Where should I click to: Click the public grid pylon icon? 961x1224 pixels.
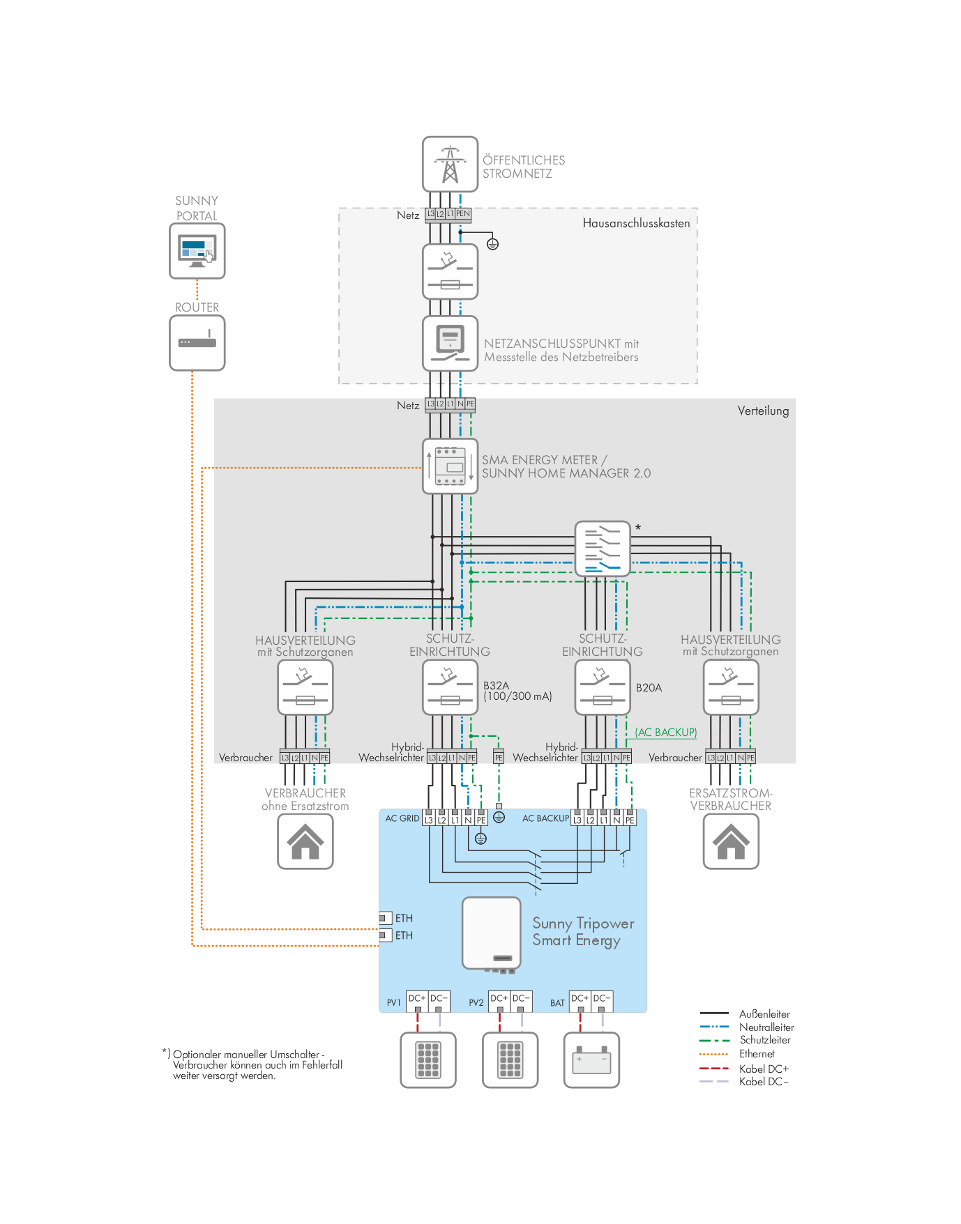coord(450,164)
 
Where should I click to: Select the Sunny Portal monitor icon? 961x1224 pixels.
coord(197,251)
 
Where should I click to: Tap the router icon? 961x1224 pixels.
coord(197,342)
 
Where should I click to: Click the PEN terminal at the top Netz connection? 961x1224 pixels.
coord(463,214)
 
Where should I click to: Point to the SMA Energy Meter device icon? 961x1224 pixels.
coord(451,466)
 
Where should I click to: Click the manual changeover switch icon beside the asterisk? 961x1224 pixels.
coord(603,549)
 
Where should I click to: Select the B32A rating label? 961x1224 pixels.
coord(496,686)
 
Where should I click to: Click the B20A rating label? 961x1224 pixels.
coord(649,688)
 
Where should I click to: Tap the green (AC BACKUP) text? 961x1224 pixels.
coord(666,732)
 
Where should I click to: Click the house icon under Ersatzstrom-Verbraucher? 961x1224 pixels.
coord(731,841)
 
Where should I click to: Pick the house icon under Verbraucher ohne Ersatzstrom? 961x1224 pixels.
coord(305,841)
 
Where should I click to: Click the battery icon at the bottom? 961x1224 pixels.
coord(591,1060)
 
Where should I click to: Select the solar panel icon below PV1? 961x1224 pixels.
coord(428,1060)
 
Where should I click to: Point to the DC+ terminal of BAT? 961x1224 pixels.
coord(580,999)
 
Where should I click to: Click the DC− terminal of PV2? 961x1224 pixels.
coord(521,999)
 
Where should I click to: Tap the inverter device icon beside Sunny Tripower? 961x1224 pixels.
coord(492,933)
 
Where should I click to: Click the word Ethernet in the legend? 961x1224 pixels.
coord(757,1054)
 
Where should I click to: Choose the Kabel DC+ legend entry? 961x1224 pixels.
coord(764,1069)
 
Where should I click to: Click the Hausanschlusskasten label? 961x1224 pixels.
coord(636,224)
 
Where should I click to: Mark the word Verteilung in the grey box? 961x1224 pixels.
coord(763,411)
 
